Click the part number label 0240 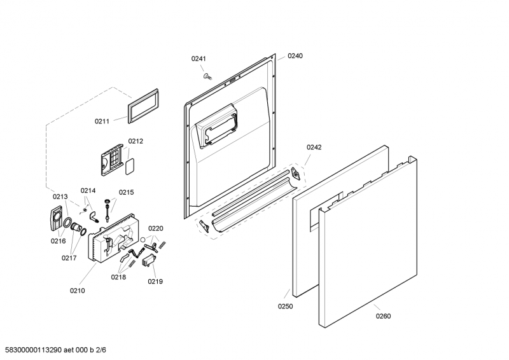pyautogui.click(x=295, y=56)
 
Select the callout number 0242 pyautogui.click(x=314, y=148)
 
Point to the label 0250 pyautogui.click(x=286, y=307)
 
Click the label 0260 pyautogui.click(x=383, y=316)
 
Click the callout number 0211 pyautogui.click(x=102, y=121)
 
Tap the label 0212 pyautogui.click(x=136, y=142)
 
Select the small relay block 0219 pyautogui.click(x=150, y=262)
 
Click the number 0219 pyautogui.click(x=155, y=281)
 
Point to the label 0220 pyautogui.click(x=156, y=228)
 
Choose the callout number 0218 pyautogui.click(x=118, y=277)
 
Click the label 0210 pyautogui.click(x=77, y=291)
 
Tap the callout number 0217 pyautogui.click(x=69, y=258)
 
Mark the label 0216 pyautogui.click(x=58, y=241)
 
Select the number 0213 pyautogui.click(x=60, y=197)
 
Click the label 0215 pyautogui.click(x=127, y=192)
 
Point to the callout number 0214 pyautogui.click(x=88, y=190)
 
